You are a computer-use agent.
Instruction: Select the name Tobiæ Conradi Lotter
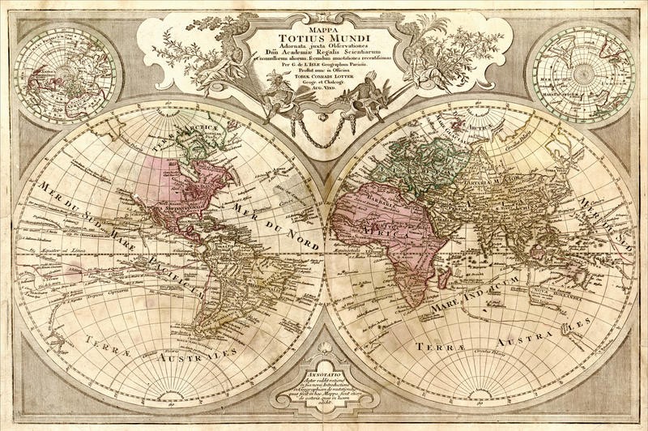tap(324, 77)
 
